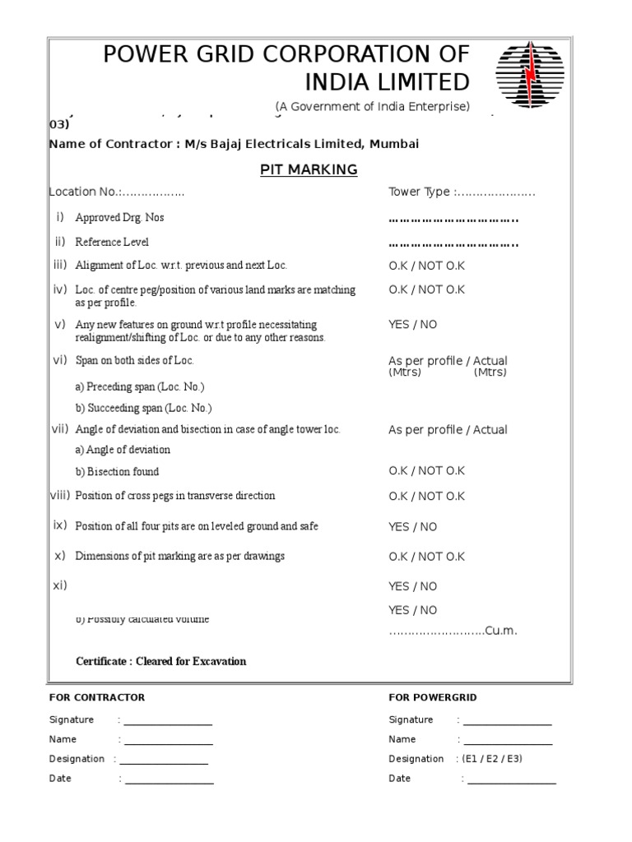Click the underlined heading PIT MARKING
coord(309,169)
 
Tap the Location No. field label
coord(85,192)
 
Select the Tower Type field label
coord(419,192)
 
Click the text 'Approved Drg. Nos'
coord(114,218)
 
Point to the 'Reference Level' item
coord(112,243)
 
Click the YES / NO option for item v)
coord(412,325)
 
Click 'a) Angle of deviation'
coord(123,450)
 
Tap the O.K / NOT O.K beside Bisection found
coord(426,471)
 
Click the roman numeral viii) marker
coord(60,495)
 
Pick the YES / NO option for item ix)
coord(412,527)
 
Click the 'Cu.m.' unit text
coord(501,631)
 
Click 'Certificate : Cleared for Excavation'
coord(160,661)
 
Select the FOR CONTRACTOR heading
coord(96,697)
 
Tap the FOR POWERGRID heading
coord(432,697)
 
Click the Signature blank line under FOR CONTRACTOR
coord(168,721)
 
